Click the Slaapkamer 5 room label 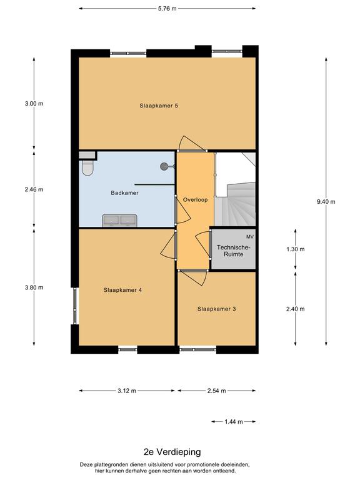tap(159, 106)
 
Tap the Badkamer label tap(124, 193)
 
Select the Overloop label tap(195, 199)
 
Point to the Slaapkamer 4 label tap(122, 290)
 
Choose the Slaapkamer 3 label tap(216, 309)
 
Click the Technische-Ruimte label tap(234, 251)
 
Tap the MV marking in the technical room tap(250, 237)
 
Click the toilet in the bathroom tap(87, 167)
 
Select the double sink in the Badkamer tap(119, 221)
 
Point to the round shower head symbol tap(164, 166)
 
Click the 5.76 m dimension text tap(167, 9)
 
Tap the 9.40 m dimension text tap(326, 202)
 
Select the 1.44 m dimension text tap(234, 422)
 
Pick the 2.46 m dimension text tap(34, 189)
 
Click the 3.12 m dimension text tap(127, 391)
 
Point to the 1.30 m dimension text tap(296, 249)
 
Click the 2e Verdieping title tap(172, 452)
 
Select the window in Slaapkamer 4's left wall tap(75, 306)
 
